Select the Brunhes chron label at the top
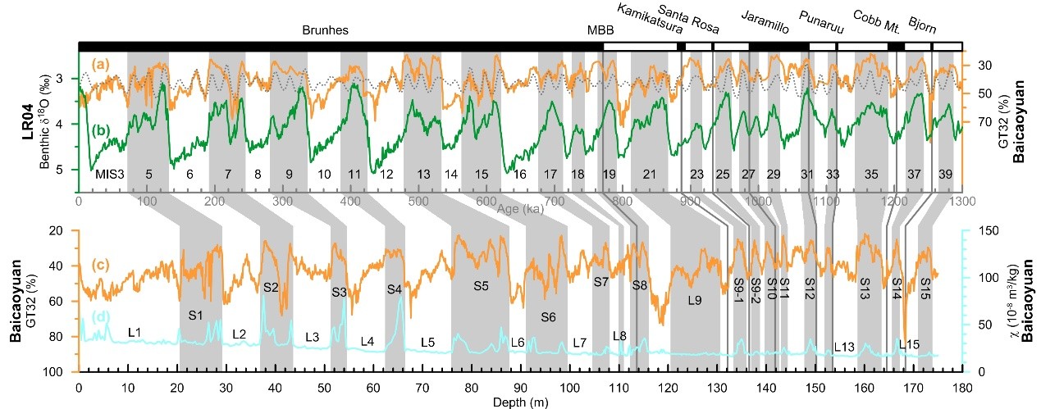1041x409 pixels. (326, 30)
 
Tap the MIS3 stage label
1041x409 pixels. (109, 174)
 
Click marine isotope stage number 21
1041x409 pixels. (649, 174)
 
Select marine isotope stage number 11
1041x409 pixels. (354, 174)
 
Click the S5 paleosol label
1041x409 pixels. (481, 286)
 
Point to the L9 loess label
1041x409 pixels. (695, 301)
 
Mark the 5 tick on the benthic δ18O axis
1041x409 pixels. (69, 170)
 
